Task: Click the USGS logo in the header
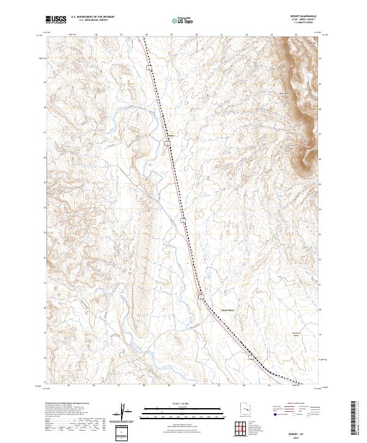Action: (56, 20)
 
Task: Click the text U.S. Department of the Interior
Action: (92, 16)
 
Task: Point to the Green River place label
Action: (228, 310)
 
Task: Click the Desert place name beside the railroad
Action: (171, 136)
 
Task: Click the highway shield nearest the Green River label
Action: (201, 296)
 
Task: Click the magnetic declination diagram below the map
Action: (126, 414)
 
